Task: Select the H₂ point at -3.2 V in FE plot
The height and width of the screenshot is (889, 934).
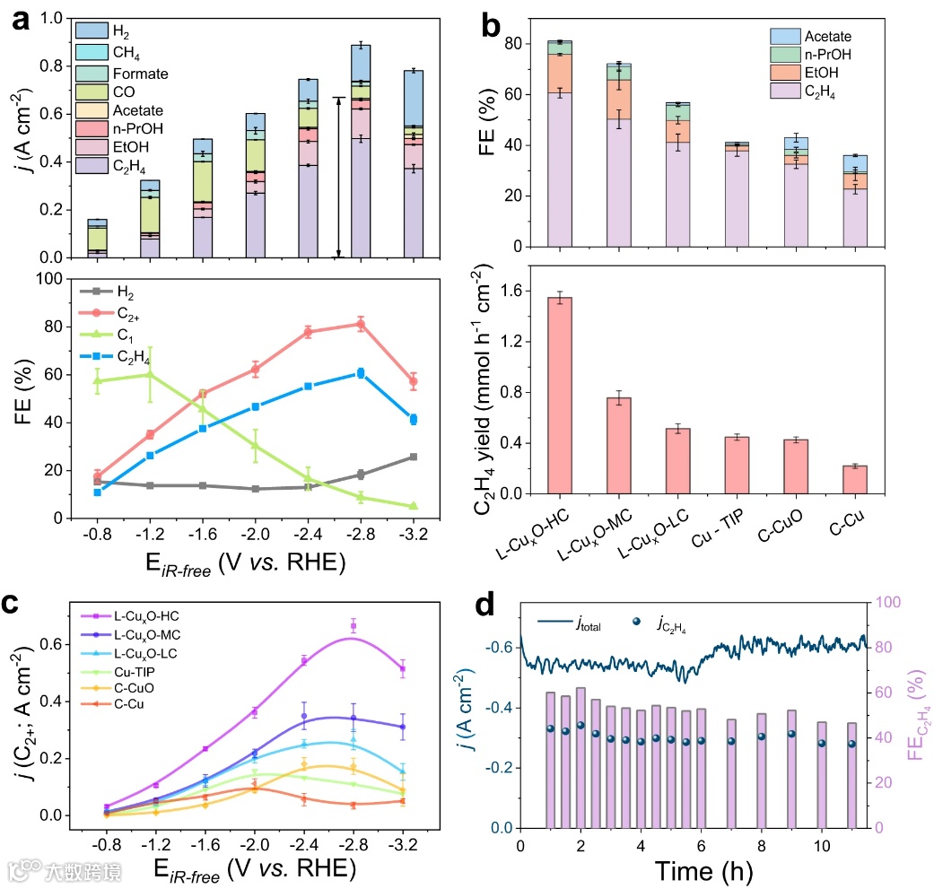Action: [414, 457]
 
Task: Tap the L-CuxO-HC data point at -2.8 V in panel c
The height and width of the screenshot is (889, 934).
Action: [354, 626]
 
